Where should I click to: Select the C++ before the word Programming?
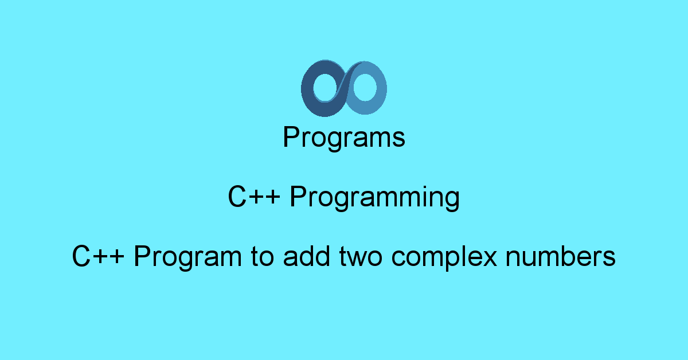tap(254, 197)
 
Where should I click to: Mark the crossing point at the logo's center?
tap(344, 87)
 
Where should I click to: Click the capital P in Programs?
tap(291, 138)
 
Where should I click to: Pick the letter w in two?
tap(362, 258)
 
